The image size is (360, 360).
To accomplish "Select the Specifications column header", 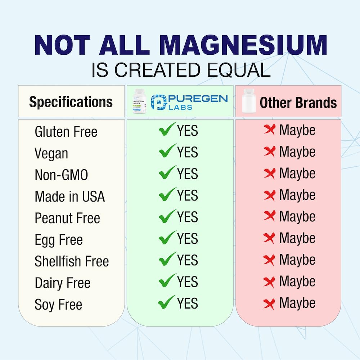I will coord(71,102).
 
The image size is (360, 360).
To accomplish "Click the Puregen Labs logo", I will coord(189,102).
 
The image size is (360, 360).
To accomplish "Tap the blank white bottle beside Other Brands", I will coord(248,102).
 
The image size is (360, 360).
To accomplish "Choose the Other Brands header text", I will coord(298,103).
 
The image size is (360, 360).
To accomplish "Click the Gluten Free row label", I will coord(66,132).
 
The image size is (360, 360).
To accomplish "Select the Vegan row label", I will coord(51,154).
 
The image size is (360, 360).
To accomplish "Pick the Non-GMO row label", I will coord(61,175).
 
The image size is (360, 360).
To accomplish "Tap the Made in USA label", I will coord(69,197).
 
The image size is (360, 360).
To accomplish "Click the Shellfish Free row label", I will coord(72,261).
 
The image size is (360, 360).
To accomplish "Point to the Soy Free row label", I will coord(58,305).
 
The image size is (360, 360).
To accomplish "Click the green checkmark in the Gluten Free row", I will coord(167,130).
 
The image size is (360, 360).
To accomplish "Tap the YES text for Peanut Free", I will coord(188,217).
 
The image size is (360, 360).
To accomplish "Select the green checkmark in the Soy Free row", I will coord(167,302).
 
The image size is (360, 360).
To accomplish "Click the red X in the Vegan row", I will coord(269,152).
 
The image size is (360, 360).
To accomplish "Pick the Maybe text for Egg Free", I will coord(297,238).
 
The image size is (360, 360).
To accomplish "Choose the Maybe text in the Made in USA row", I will coord(297,195).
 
